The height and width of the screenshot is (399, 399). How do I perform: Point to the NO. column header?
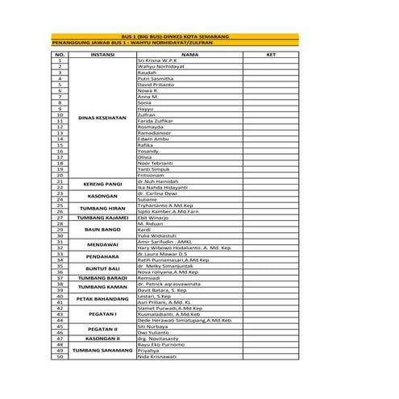tap(60, 54)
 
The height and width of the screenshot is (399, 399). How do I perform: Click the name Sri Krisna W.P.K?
tap(157, 60)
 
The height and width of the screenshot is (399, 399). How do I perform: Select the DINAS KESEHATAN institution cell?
tap(102, 118)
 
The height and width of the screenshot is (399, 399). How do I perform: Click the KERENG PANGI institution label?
tap(102, 184)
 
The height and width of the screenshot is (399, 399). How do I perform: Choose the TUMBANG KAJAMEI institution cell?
tap(102, 217)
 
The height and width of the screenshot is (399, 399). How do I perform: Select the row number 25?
tap(60, 205)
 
